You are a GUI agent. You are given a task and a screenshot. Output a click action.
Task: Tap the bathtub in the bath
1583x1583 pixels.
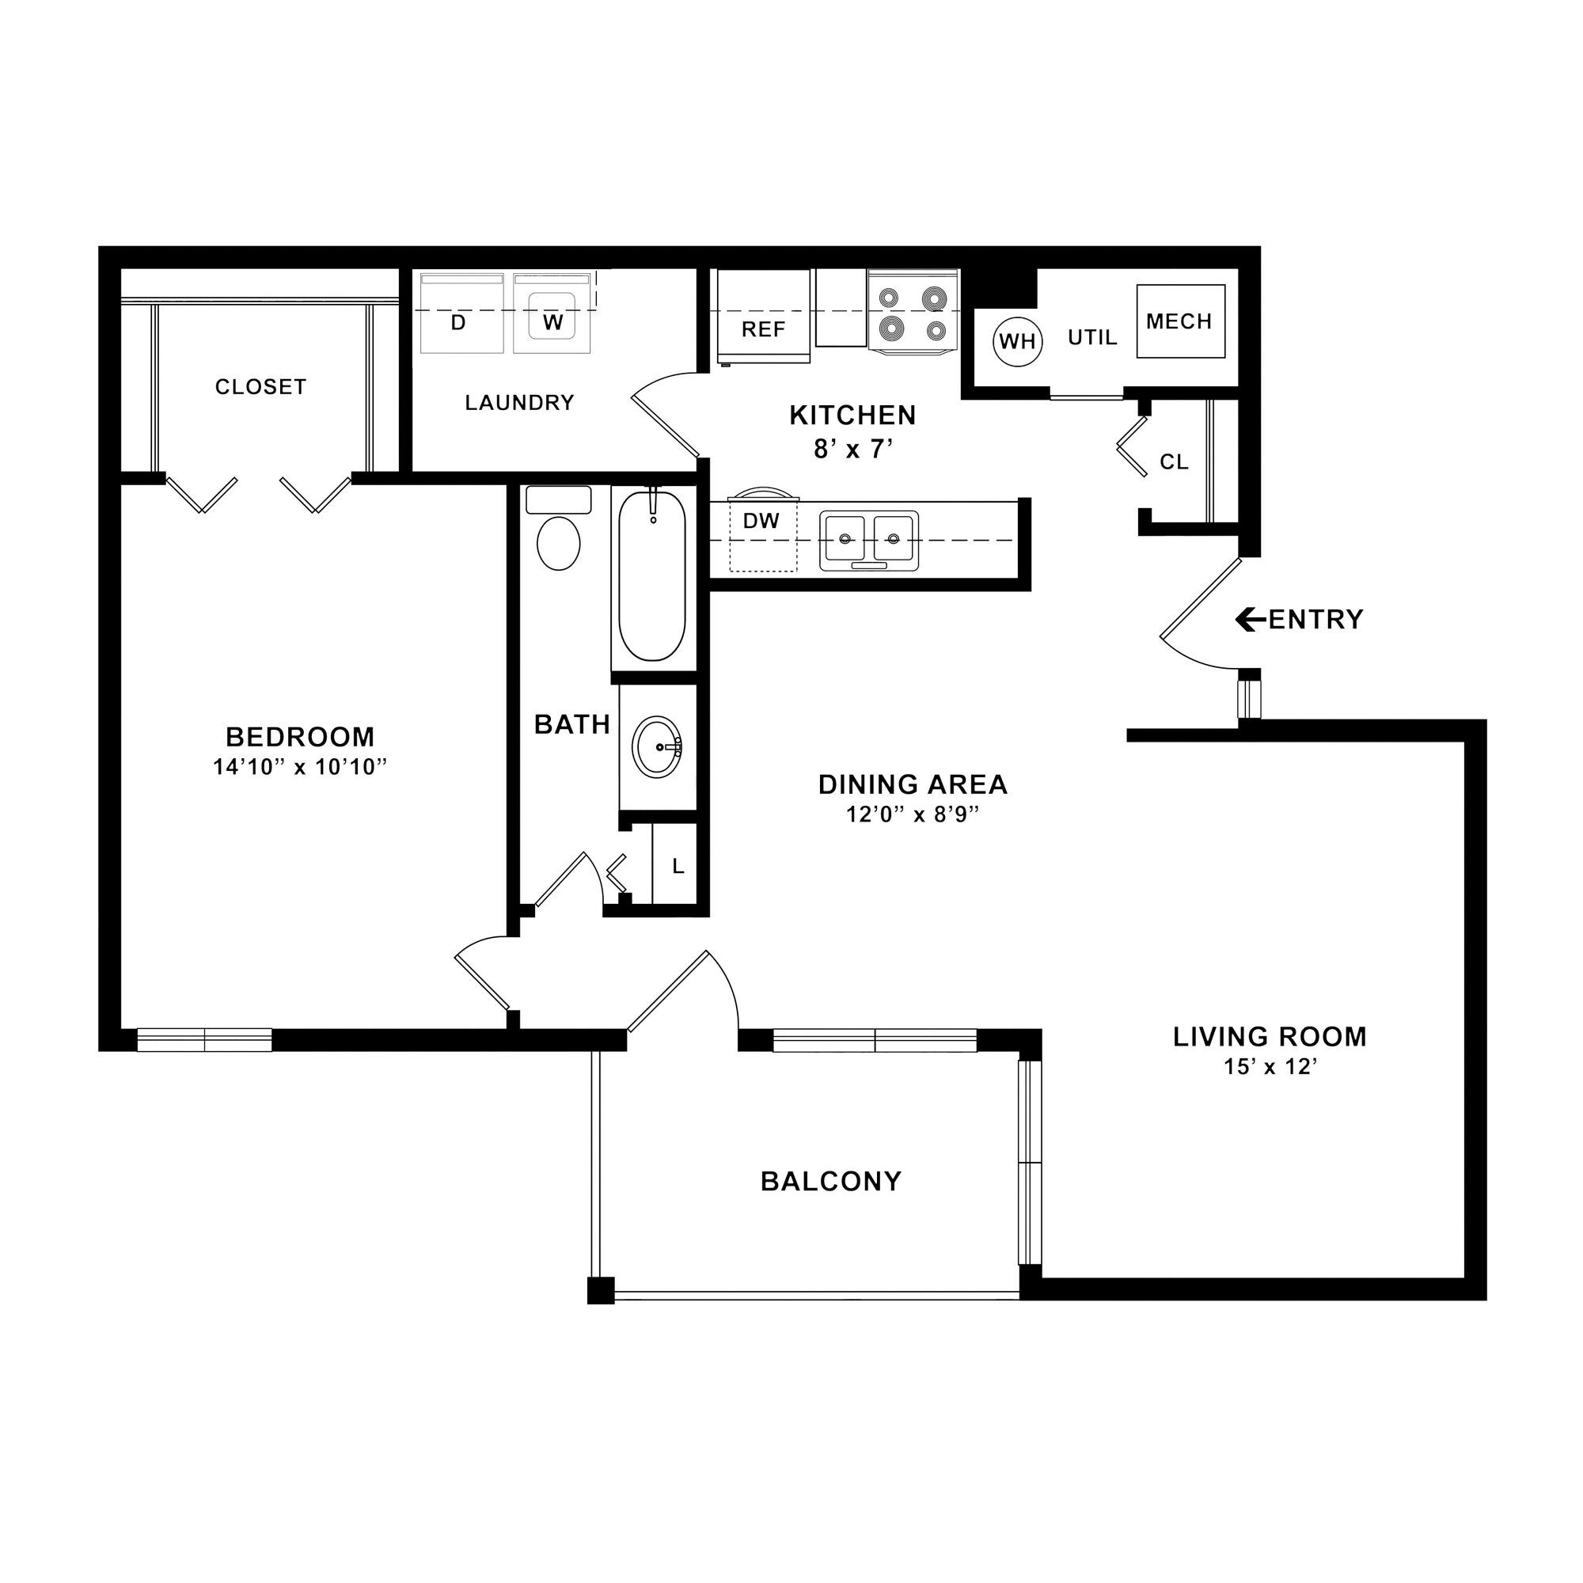click(652, 576)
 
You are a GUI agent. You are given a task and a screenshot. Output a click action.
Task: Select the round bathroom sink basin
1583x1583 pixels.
click(657, 746)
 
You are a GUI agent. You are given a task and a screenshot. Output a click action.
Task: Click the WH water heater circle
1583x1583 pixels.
click(1017, 340)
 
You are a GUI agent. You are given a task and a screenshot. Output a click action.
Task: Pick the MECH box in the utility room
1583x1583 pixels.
click(1180, 321)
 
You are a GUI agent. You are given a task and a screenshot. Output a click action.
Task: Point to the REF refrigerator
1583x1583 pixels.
click(764, 317)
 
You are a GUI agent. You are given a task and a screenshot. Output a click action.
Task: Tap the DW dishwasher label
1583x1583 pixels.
click(761, 520)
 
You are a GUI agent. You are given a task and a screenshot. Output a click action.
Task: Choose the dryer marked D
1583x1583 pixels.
click(461, 313)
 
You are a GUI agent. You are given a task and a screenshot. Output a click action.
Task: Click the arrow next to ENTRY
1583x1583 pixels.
click(1251, 620)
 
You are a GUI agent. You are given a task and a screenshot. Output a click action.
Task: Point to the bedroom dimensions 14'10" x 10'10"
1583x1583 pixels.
click(300, 768)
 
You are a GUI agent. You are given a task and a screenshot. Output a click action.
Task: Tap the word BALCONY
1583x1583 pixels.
click(831, 1181)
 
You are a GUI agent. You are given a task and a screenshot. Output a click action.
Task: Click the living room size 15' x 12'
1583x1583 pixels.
click(1270, 1067)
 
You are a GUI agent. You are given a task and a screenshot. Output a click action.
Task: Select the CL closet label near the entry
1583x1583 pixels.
click(1174, 462)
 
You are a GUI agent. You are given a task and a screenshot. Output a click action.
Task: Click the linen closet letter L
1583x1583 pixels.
click(678, 866)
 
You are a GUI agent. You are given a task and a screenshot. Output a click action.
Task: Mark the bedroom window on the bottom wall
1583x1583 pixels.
click(204, 1040)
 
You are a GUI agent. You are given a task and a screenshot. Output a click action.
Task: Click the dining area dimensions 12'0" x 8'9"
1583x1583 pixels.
click(913, 814)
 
